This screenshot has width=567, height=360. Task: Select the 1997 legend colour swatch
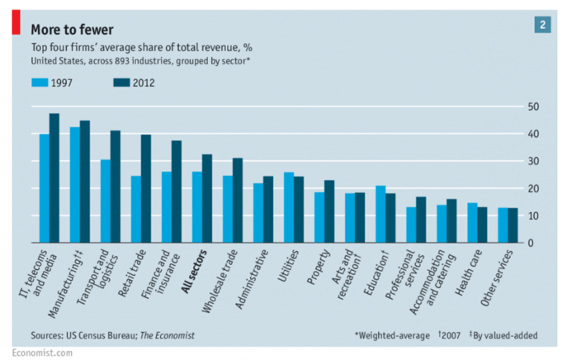pos(40,83)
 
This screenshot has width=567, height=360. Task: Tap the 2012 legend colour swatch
pos(121,83)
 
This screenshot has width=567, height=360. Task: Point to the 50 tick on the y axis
pos(535,107)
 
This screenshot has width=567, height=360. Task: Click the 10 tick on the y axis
pos(535,216)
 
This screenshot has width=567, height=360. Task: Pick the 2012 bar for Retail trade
pos(145,189)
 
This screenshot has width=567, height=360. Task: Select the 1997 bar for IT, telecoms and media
pos(45,188)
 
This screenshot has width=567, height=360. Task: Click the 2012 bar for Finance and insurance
pos(176,192)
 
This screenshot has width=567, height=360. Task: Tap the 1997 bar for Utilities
pos(288,207)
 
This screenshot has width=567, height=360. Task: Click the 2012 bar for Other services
pos(513,225)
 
